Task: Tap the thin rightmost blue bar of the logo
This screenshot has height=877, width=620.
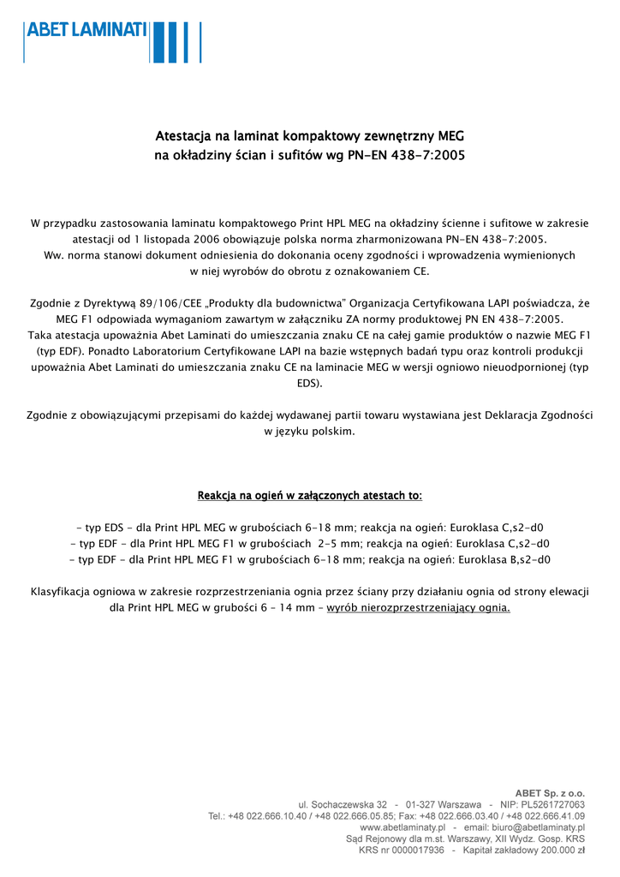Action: point(200,42)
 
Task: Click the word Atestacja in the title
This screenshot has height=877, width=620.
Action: point(183,136)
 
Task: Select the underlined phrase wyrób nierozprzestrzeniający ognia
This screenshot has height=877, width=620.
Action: point(419,608)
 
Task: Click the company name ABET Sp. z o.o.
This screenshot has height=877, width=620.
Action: point(550,793)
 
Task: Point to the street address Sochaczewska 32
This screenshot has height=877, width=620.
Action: point(348,805)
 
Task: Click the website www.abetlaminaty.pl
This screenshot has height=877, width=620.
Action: point(402,828)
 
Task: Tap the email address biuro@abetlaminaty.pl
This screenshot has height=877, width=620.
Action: point(537,828)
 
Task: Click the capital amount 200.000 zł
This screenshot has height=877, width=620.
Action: point(556,850)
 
